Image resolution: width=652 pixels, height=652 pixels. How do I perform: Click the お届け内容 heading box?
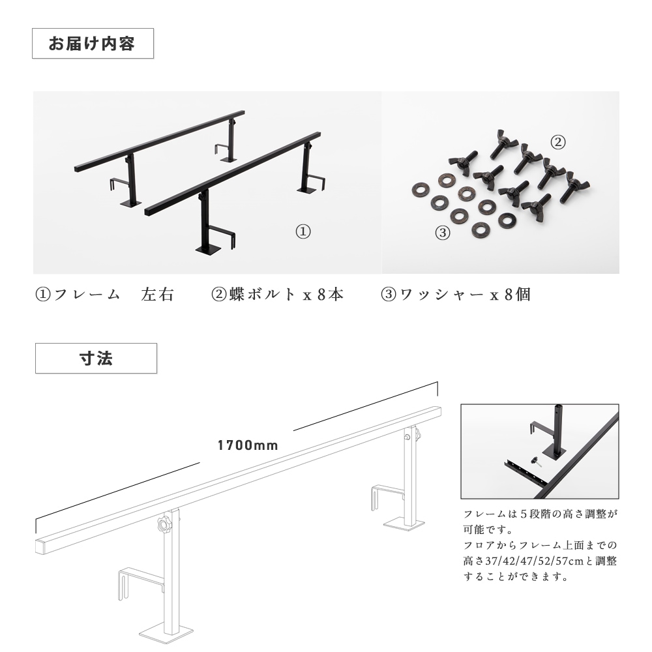coord(93,43)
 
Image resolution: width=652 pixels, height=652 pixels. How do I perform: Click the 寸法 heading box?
coord(96,358)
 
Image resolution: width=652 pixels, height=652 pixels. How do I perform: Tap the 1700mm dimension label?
coord(248,445)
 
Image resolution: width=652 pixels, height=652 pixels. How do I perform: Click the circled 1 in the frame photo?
coord(303,231)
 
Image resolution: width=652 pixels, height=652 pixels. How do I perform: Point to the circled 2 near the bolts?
coord(558,142)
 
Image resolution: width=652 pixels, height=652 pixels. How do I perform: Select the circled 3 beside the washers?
coord(443,233)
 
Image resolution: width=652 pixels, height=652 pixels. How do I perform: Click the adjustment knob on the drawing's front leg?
coord(165,524)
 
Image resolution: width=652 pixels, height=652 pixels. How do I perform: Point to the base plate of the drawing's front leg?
coord(166,634)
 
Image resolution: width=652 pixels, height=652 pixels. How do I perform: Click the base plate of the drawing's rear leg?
coord(404,524)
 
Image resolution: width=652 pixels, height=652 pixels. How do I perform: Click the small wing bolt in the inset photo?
coord(535,462)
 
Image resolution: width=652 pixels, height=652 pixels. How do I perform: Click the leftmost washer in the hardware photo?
coord(421,190)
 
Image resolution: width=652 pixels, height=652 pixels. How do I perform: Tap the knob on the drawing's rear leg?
coord(417,435)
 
